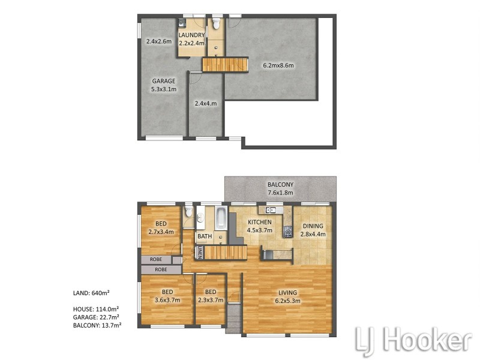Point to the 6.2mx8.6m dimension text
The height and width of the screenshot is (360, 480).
277,65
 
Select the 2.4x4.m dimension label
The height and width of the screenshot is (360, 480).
206,103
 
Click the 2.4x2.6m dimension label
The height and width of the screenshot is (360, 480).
159,42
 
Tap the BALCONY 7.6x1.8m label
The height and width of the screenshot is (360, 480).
281,188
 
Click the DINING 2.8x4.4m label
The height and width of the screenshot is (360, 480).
312,230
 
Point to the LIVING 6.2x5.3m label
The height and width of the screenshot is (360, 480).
288,297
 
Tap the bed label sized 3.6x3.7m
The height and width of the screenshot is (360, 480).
167,296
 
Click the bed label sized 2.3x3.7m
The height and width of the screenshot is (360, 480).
210,296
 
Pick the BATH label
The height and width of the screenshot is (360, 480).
205,236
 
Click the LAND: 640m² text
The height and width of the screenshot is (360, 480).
90,293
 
